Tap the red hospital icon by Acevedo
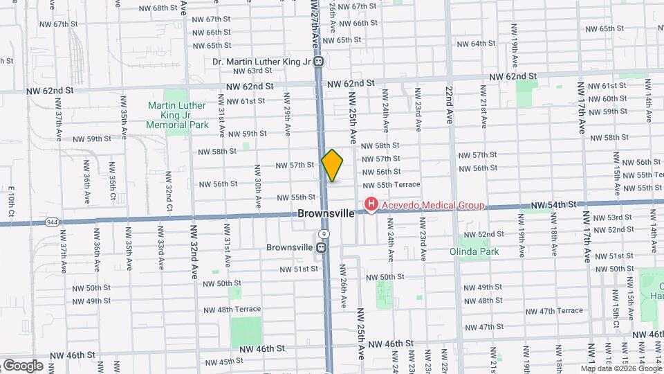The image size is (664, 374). click(371, 204)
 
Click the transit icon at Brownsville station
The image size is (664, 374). click(322, 247)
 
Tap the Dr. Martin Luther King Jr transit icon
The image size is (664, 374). click(320, 62)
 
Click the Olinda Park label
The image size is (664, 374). click(474, 251)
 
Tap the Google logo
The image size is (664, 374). click(22, 365)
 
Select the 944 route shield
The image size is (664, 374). click(53, 222)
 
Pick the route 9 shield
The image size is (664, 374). click(324, 235)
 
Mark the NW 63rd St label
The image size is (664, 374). click(248, 71)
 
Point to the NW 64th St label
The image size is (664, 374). click(474, 44)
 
